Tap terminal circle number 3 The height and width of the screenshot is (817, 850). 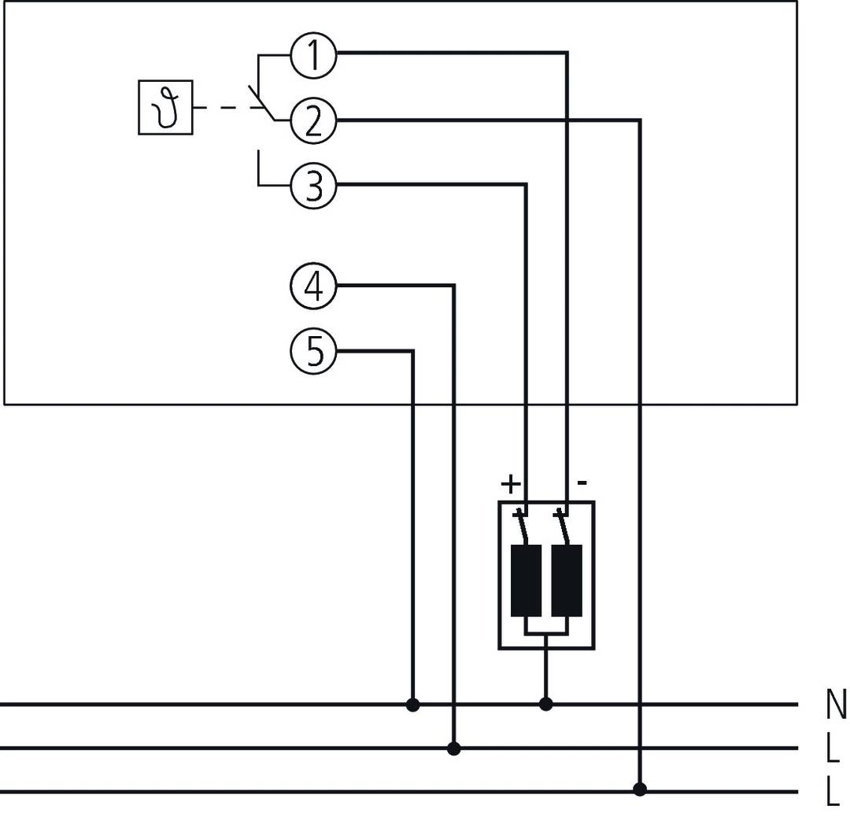(x=313, y=187)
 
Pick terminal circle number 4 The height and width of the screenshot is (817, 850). (x=313, y=287)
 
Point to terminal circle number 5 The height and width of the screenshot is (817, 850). (x=313, y=351)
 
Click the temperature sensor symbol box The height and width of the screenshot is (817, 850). (x=165, y=108)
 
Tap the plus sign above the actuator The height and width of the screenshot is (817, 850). (x=510, y=483)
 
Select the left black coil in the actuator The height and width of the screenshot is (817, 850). (x=526, y=580)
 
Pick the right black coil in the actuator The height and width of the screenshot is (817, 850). (x=567, y=580)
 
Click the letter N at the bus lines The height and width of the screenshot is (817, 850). (x=836, y=704)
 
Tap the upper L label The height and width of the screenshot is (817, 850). (x=833, y=749)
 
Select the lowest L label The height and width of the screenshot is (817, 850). (x=833, y=792)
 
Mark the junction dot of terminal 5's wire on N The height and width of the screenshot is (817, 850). (x=412, y=704)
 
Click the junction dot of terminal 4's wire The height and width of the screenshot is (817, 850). (x=453, y=748)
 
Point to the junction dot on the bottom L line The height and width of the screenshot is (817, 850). (x=640, y=789)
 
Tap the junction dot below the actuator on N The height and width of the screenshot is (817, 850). (x=546, y=704)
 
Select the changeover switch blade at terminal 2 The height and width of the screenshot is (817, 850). (x=261, y=103)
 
